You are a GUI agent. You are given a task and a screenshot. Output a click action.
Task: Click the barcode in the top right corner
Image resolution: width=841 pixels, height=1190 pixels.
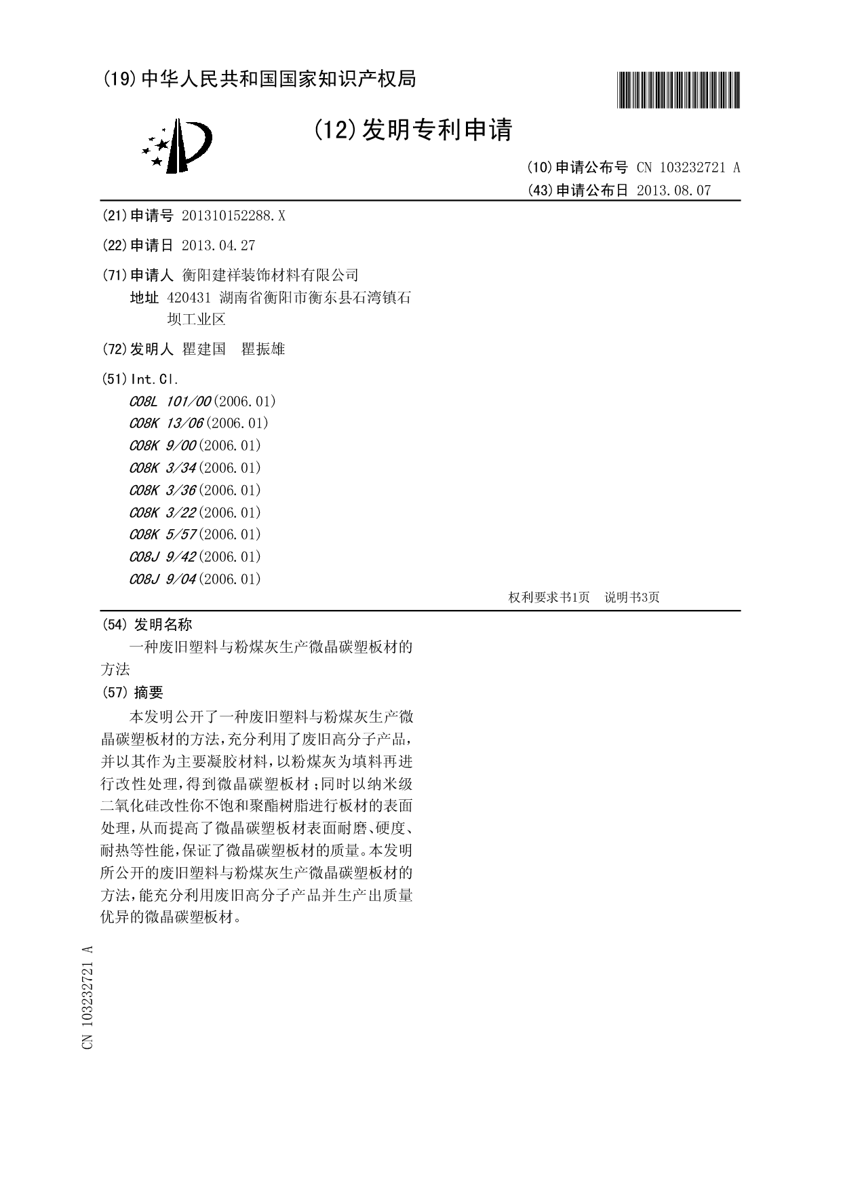(x=678, y=90)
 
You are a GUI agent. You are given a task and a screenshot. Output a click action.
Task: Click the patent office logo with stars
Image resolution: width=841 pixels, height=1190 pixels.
(x=177, y=145)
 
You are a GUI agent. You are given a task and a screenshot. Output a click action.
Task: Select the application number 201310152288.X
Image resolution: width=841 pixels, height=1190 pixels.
(x=234, y=216)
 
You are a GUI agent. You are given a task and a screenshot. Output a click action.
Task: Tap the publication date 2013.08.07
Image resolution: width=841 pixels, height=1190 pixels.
(x=673, y=190)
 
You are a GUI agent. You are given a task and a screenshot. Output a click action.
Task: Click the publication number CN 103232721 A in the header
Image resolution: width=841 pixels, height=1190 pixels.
(x=688, y=168)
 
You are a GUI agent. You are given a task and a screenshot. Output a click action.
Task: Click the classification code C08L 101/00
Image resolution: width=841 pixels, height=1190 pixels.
(x=170, y=401)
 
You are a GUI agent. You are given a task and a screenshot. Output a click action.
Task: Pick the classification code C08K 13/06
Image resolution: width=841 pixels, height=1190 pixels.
(x=166, y=423)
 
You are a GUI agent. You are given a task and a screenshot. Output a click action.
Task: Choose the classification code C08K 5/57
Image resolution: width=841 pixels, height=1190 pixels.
(x=163, y=535)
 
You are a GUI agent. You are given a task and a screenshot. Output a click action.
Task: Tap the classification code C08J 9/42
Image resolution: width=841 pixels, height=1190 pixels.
(x=163, y=557)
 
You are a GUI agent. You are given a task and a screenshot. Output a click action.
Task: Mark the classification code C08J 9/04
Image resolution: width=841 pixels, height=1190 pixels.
(x=163, y=579)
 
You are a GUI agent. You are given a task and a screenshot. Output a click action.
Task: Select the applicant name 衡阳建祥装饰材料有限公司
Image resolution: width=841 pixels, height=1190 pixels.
(x=271, y=275)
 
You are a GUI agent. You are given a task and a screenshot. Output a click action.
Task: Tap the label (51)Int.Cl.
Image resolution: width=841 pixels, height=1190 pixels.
(x=140, y=379)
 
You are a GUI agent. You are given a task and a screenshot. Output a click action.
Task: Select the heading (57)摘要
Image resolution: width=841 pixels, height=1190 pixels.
(x=132, y=693)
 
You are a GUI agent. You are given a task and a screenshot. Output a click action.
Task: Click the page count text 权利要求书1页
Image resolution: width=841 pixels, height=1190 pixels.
(x=549, y=597)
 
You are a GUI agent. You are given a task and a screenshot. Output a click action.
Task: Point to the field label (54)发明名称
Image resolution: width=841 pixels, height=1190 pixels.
(x=146, y=624)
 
